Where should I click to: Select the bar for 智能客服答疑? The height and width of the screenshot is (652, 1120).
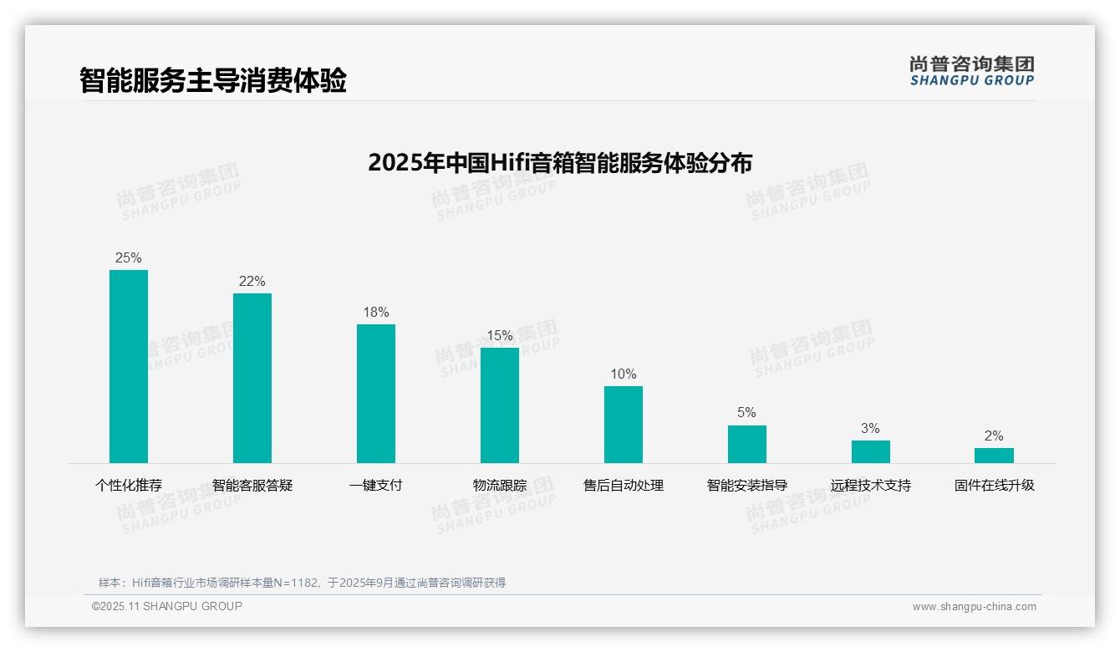[x=252, y=378]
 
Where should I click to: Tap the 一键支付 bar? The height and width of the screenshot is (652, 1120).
[x=376, y=394]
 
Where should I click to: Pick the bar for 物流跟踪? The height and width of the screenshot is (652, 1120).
[x=500, y=405]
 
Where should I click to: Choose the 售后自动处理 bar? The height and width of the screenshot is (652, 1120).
[x=624, y=425]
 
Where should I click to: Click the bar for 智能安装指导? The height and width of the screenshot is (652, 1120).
[x=747, y=444]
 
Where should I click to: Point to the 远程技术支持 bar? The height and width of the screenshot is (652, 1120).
[x=871, y=451]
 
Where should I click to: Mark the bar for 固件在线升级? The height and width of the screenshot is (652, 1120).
[x=994, y=456]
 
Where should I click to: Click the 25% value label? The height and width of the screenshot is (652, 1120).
[x=129, y=258]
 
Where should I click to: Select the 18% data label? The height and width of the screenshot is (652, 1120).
[x=376, y=313]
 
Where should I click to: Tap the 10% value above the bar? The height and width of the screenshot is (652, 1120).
[x=624, y=374]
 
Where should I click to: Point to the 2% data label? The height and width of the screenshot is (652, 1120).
[x=994, y=436]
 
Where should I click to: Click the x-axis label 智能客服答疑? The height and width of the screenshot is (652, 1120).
[x=252, y=486]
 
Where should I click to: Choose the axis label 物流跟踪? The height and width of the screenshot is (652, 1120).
[x=500, y=486]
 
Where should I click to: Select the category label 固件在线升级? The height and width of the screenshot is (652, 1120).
[x=995, y=486]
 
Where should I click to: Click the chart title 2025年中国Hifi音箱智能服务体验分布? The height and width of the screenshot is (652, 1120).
[x=560, y=162]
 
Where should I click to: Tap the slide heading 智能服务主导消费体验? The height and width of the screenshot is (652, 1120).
[x=213, y=80]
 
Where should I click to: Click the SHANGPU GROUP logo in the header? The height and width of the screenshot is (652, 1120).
[x=972, y=71]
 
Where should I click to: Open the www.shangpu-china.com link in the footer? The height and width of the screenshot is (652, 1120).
[x=974, y=607]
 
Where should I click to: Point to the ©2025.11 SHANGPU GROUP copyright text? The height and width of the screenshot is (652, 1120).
[x=167, y=607]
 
